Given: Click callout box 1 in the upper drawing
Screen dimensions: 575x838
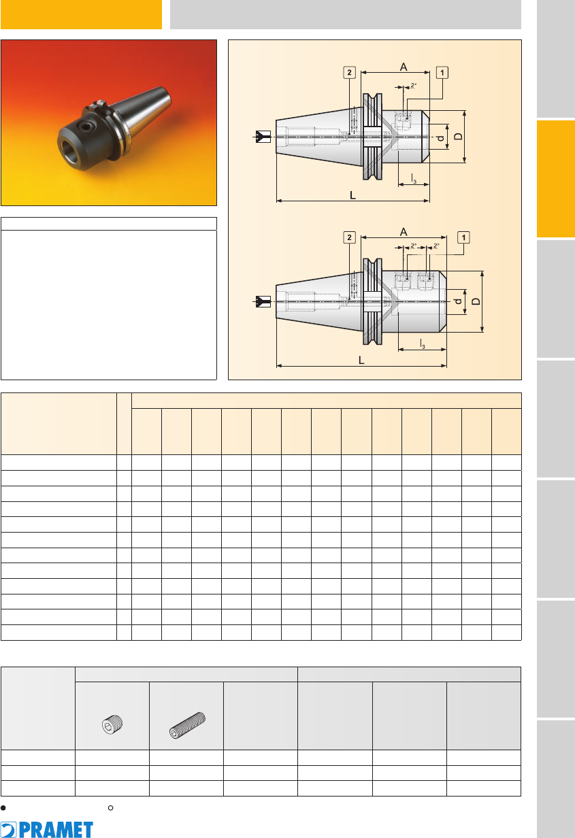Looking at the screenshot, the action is coord(442,73).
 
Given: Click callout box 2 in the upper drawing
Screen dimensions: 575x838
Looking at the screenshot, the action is coord(349,73).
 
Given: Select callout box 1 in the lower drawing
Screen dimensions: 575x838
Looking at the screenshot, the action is coord(463,237).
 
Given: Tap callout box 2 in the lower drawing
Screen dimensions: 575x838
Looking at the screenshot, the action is coord(349,237).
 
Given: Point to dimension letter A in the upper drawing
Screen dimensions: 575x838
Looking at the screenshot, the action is coord(403,67).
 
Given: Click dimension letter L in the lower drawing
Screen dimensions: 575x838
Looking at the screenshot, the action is coord(361,360).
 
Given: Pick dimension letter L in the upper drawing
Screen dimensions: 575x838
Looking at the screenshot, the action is coord(352,195).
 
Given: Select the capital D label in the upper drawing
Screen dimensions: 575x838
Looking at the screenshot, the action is coord(458,137).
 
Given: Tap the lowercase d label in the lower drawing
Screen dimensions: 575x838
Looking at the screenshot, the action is coord(457,301).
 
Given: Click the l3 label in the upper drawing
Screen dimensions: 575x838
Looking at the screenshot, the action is coord(414,179).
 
